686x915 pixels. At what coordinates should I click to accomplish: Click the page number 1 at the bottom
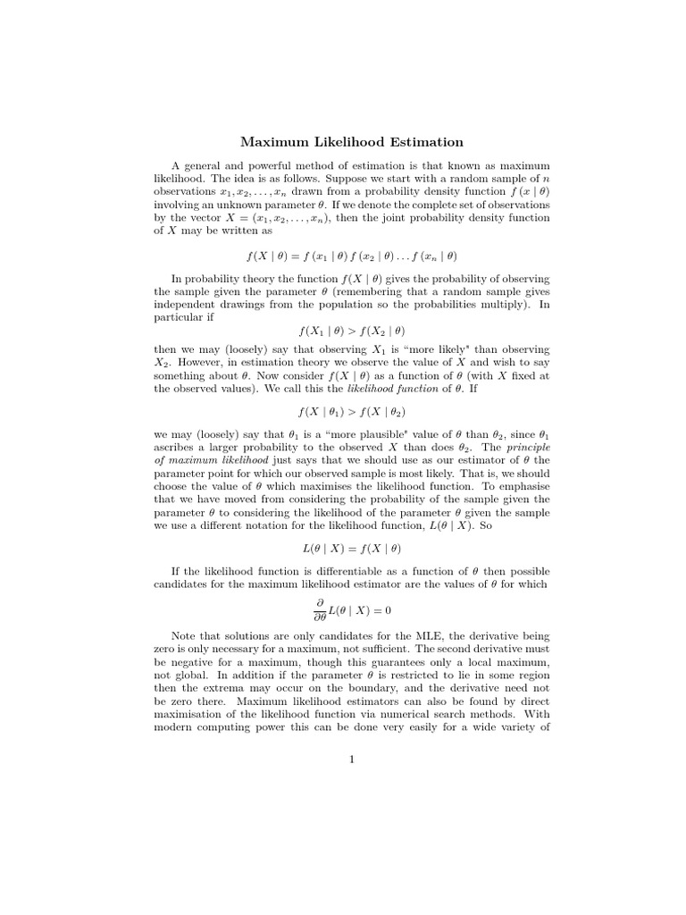click(x=352, y=760)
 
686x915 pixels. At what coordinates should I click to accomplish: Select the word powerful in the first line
click(x=265, y=165)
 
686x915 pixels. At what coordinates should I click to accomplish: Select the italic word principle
click(x=528, y=447)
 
